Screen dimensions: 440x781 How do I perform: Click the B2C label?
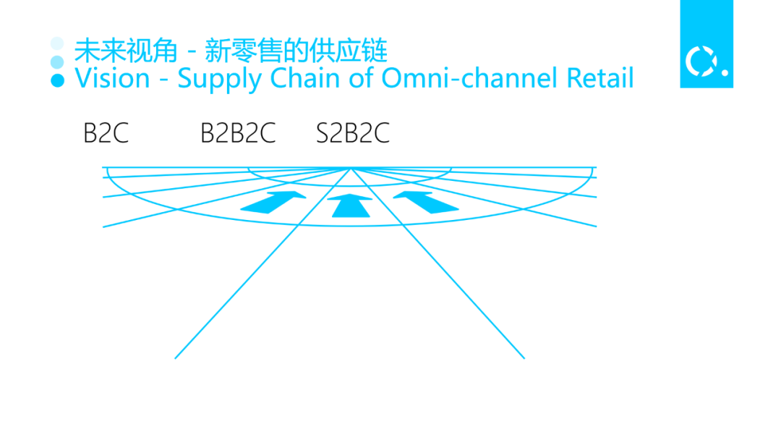coord(106,133)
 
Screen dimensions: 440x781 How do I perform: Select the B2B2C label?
coord(238,133)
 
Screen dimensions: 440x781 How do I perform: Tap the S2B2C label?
coord(353,133)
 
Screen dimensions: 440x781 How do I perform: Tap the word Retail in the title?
coord(597,78)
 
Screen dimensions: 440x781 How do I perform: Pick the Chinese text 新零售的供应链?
coord(296,51)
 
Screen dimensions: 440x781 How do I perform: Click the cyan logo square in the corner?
coord(706,43)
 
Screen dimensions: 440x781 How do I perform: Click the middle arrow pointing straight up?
coord(351,206)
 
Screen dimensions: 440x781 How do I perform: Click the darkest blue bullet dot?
coord(58,80)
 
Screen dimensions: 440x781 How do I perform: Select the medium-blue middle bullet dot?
coord(58,62)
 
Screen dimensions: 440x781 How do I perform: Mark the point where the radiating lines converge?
coord(351,168)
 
